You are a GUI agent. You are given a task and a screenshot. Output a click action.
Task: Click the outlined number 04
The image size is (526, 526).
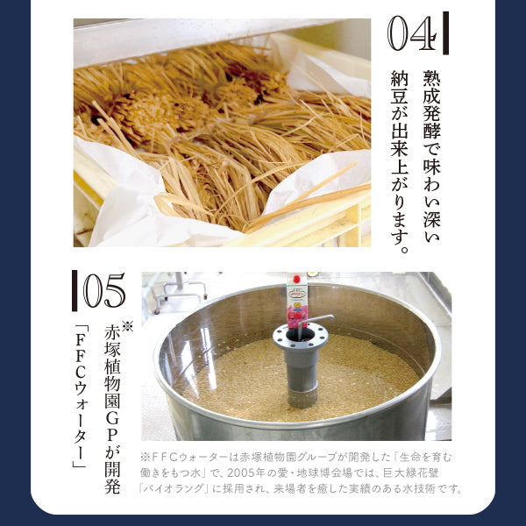coord(413,33)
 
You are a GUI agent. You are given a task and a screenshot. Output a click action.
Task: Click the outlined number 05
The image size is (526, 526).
coord(104,290)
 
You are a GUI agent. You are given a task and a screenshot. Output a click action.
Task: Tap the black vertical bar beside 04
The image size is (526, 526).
coord(445,33)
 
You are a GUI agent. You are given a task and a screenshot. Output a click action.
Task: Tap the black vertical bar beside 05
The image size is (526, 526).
coord(75,290)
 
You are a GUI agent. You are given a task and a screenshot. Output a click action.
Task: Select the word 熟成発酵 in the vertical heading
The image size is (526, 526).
coord(431,104)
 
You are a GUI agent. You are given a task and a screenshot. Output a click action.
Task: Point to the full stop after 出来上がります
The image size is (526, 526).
coord(404,250)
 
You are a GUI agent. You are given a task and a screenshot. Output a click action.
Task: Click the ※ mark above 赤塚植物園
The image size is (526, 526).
coord(127,326)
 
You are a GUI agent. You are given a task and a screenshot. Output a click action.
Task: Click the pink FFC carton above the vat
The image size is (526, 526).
coord(297,301)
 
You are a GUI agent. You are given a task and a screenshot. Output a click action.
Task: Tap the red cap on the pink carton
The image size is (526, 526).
coord(296,279)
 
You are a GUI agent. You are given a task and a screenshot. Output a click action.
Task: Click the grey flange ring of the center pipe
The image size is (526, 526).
coord(300,336)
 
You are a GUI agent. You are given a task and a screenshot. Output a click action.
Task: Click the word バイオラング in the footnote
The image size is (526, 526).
coord(174,488)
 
